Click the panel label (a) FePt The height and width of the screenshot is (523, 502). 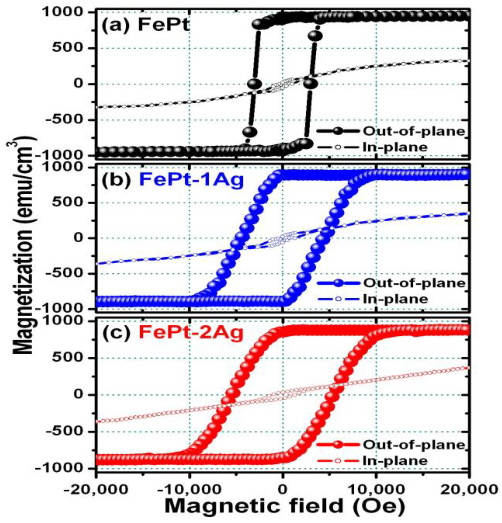point(145,26)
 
